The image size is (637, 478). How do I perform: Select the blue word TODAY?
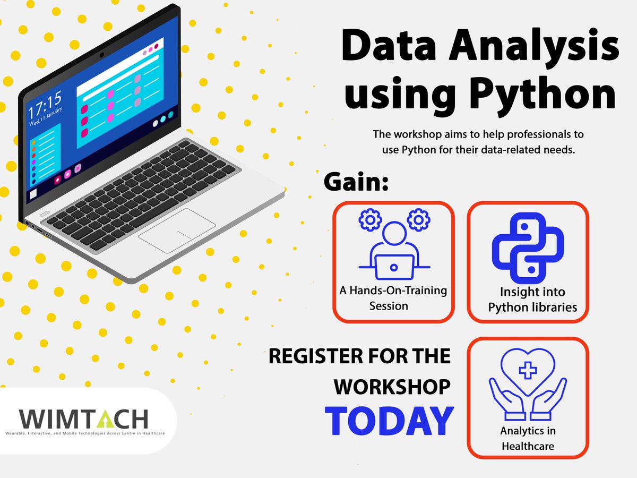point(389,421)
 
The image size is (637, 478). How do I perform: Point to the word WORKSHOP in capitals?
point(392,387)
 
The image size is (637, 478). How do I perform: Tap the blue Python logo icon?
point(528,251)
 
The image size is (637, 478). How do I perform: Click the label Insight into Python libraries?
point(532,300)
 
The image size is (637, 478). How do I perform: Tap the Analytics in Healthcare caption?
point(528,438)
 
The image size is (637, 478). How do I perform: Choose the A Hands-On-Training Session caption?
point(393,298)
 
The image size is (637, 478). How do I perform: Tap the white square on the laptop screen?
point(33,194)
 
